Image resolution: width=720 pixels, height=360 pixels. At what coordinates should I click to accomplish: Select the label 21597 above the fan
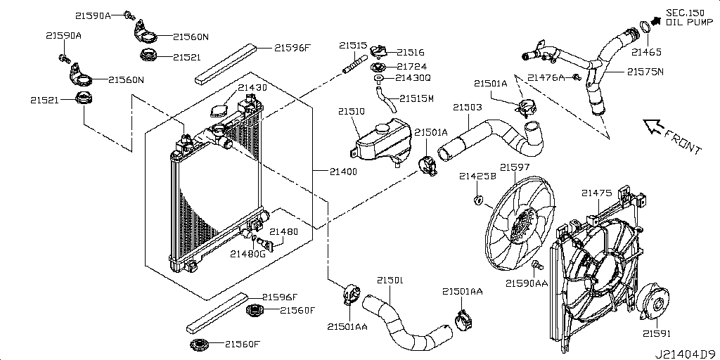[x=515, y=167]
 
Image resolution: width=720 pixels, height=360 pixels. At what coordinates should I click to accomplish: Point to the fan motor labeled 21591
[x=655, y=301]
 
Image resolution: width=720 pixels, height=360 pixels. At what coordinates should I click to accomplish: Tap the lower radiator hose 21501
[x=404, y=322]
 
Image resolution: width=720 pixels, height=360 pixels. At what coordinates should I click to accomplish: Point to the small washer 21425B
[x=478, y=201]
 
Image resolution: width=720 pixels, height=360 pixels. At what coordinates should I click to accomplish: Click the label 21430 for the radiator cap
[x=252, y=88]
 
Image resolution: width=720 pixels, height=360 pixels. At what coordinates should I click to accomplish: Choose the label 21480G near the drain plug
[x=246, y=254]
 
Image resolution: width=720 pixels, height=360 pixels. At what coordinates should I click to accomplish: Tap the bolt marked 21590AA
[x=536, y=266]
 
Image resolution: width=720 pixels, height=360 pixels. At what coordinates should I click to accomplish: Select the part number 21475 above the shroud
[x=596, y=193]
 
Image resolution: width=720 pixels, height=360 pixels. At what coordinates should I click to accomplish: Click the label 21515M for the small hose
[x=416, y=98]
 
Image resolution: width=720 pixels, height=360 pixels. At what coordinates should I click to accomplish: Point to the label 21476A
[x=546, y=77]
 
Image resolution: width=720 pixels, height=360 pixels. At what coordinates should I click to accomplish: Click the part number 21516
[x=410, y=51]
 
